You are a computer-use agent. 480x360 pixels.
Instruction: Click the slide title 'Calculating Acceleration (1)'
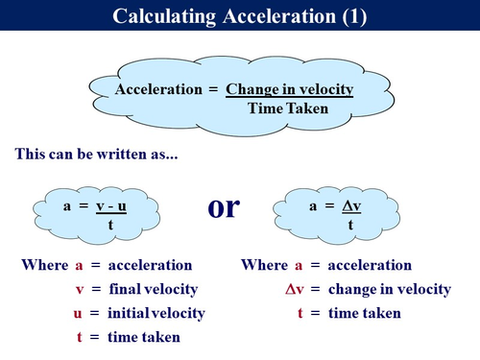point(239,15)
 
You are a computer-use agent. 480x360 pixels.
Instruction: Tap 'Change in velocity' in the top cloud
point(290,89)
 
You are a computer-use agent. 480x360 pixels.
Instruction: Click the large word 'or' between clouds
point(224,207)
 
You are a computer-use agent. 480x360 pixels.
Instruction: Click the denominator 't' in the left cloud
point(111,226)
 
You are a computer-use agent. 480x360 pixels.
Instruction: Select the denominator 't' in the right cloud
point(350,226)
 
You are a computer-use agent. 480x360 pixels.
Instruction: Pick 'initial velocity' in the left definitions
point(156,313)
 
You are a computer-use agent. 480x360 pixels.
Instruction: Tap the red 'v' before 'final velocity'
point(79,289)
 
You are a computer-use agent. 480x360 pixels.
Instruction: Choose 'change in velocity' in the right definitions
point(389,289)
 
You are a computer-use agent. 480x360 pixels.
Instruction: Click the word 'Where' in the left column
point(43,265)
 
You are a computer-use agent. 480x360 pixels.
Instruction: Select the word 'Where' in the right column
point(264,265)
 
